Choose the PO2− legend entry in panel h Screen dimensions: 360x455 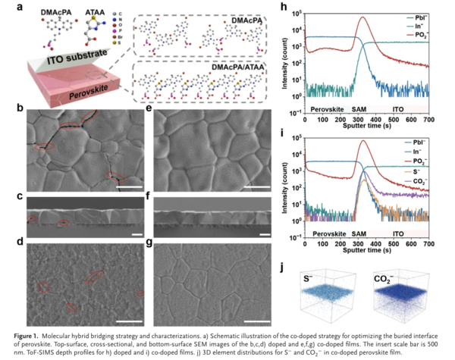tap(417, 35)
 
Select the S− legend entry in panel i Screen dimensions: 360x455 tap(414, 172)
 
